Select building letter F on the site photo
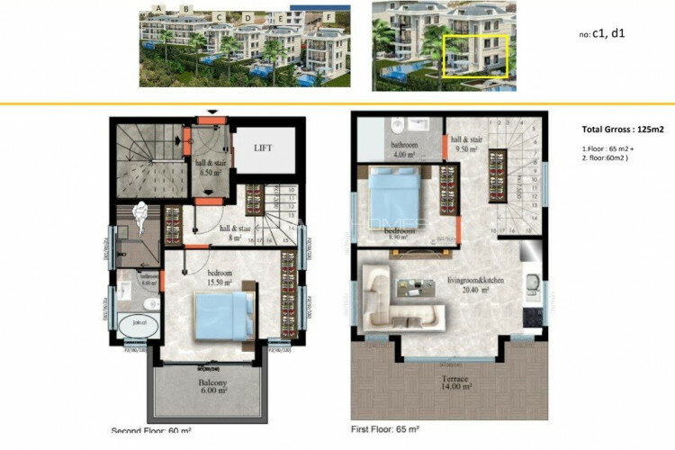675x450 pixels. click(x=329, y=16)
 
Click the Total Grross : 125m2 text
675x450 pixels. click(x=609, y=130)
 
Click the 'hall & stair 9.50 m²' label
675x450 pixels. click(x=467, y=145)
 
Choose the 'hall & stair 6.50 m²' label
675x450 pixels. click(x=212, y=166)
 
